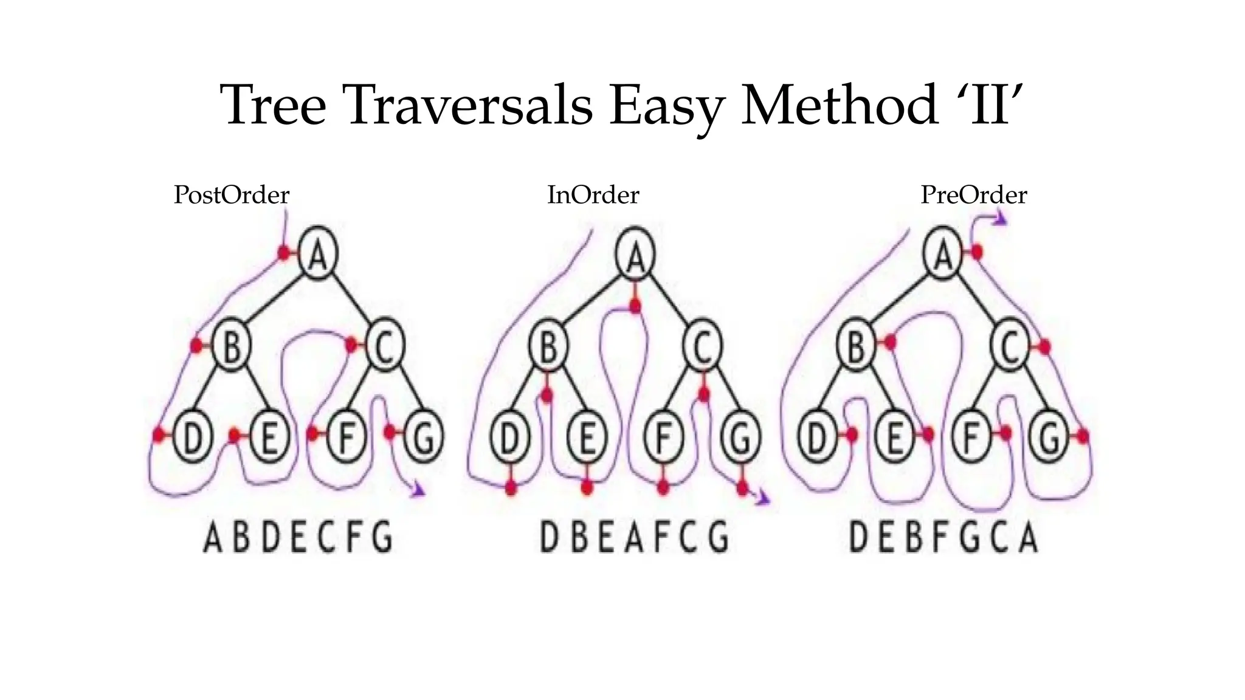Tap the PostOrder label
tap(231, 195)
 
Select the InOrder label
tap(593, 195)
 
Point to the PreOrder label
tap(973, 195)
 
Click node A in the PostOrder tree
tap(319, 253)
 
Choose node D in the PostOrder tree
tap(192, 437)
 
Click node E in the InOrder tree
tap(586, 437)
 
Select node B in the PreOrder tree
tap(856, 347)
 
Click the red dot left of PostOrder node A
tap(284, 253)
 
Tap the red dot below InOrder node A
tap(635, 306)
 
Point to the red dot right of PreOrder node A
tap(976, 252)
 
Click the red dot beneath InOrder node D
tap(511, 487)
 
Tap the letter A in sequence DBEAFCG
tap(633, 538)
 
